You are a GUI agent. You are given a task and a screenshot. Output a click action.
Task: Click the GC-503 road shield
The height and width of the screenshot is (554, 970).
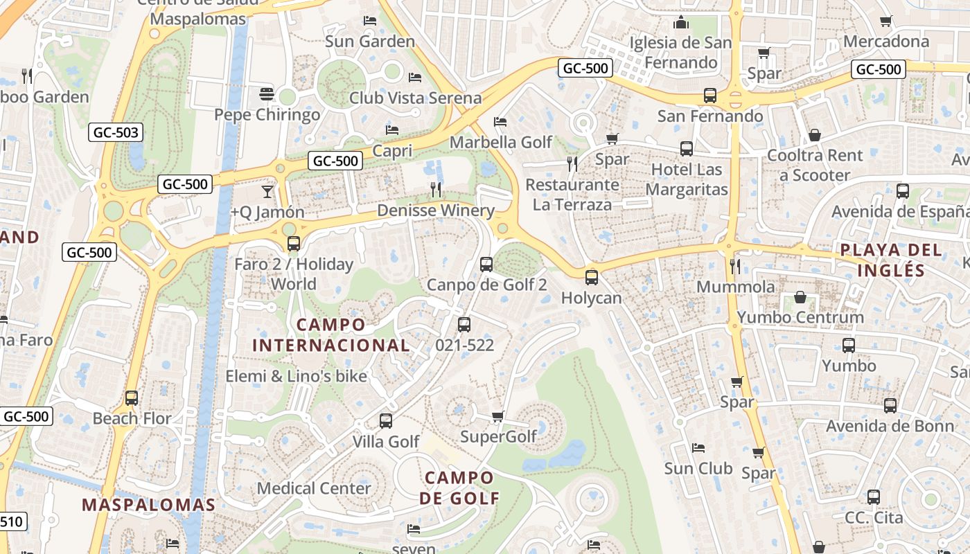tap(115, 132)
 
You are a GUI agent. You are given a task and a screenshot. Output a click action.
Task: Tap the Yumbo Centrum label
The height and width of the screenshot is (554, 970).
tap(800, 317)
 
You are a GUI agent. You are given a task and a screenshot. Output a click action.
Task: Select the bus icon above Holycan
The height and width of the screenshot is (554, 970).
tap(591, 278)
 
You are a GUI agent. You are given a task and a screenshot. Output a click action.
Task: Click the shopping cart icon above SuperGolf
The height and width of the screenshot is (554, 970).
tap(497, 416)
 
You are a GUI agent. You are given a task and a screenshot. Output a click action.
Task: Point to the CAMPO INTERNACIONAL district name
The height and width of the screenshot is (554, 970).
tap(331, 334)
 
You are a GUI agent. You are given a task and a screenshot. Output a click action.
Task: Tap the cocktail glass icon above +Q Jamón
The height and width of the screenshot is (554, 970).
tap(267, 192)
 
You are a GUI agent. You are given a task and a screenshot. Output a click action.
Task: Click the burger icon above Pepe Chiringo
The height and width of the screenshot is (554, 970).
tap(267, 93)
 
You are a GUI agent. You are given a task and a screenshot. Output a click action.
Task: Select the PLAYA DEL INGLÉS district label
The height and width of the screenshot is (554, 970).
tap(891, 260)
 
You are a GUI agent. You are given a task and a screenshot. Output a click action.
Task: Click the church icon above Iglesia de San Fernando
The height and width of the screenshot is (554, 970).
tap(680, 23)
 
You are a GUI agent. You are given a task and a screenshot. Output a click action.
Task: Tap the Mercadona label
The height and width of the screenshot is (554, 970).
tap(886, 41)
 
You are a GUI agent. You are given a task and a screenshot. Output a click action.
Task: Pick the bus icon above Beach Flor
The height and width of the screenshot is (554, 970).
tap(132, 398)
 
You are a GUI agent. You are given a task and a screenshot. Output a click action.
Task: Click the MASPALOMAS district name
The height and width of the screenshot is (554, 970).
tap(149, 505)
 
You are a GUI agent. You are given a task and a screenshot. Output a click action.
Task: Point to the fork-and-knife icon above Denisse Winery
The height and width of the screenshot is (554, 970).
tap(436, 189)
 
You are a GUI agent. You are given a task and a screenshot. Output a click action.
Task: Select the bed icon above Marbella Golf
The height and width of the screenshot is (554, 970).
tap(500, 122)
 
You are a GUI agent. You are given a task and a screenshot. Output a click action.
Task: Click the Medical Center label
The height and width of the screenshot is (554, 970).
tap(314, 488)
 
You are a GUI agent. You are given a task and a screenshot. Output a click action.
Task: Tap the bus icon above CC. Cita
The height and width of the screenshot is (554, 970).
tap(874, 497)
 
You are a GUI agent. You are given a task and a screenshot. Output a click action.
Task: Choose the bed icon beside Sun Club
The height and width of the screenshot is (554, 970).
tap(698, 448)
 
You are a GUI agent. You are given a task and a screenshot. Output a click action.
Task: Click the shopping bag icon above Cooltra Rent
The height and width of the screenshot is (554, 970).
tap(815, 135)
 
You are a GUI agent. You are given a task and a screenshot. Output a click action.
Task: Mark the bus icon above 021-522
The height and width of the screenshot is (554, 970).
tap(464, 324)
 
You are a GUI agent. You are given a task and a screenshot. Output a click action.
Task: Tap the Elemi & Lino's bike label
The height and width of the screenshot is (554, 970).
tap(296, 376)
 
